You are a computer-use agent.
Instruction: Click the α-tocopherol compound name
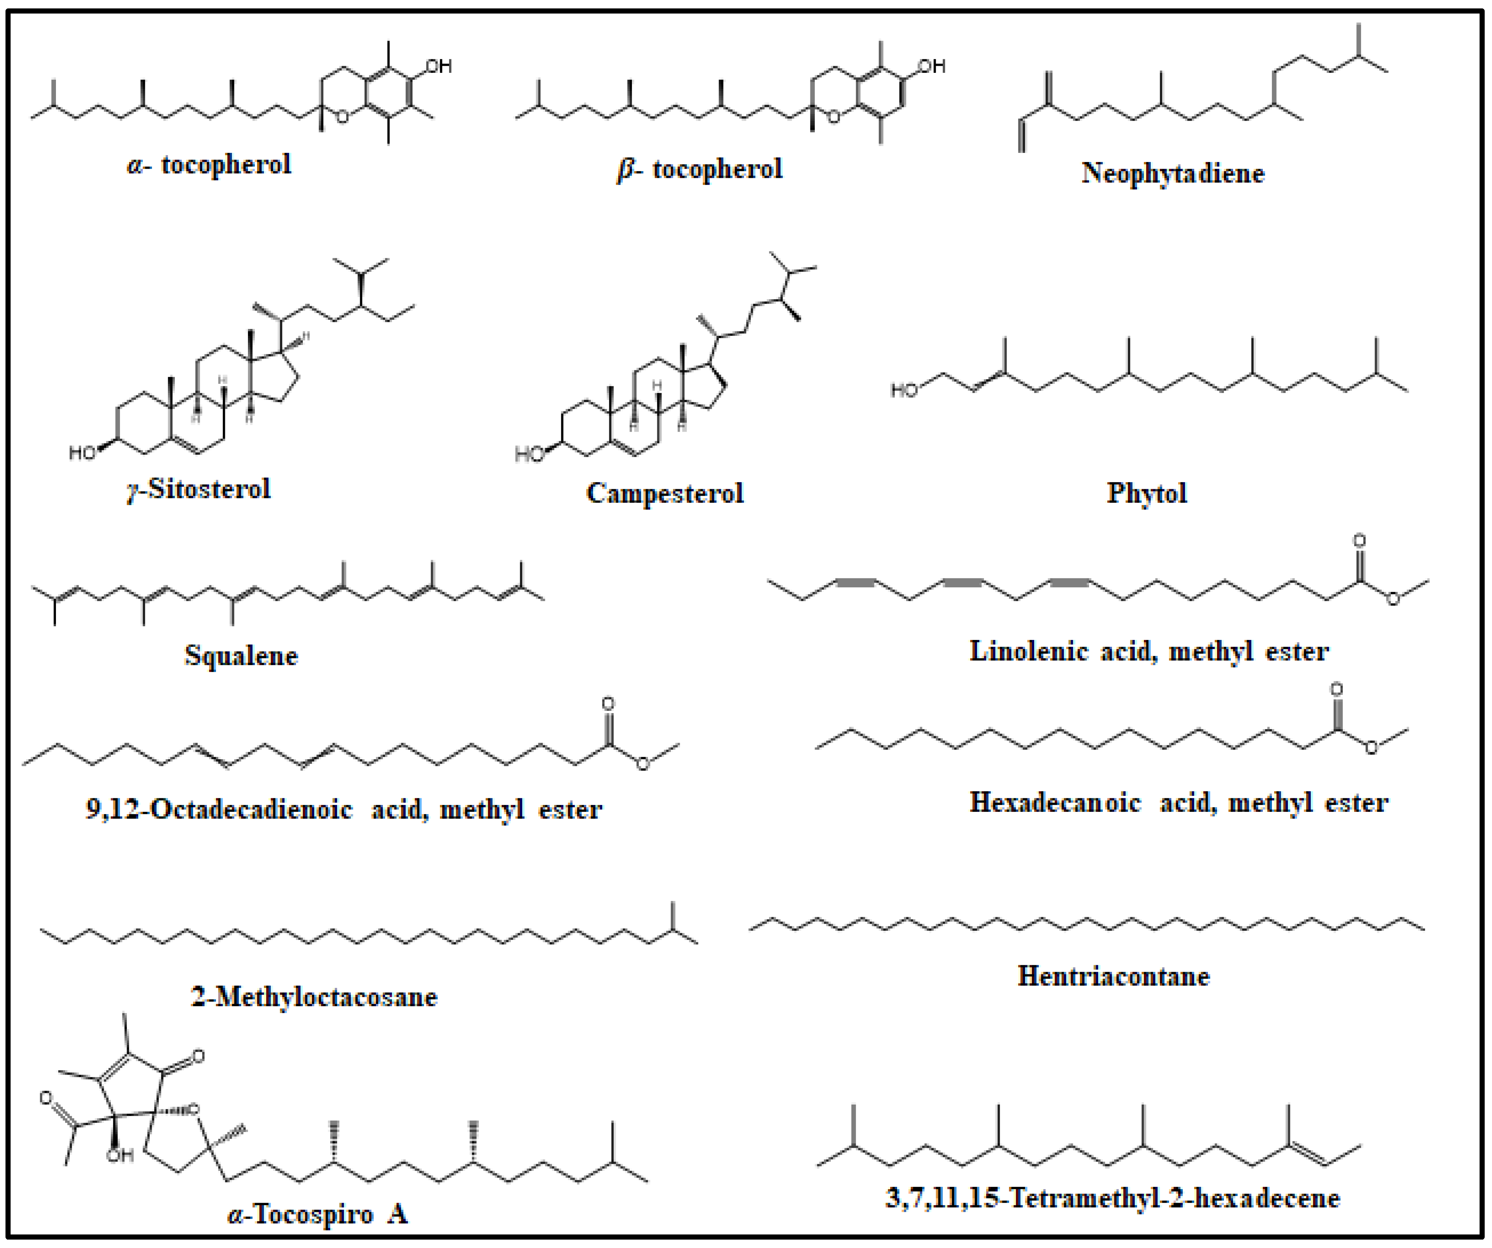pos(209,165)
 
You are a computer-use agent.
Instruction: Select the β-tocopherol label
pos(700,169)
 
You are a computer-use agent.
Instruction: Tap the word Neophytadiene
pos(1173,173)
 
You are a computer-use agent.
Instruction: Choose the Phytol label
pos(1147,493)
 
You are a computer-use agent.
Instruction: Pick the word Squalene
pos(241,655)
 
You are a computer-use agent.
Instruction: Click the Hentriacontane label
pos(1113,977)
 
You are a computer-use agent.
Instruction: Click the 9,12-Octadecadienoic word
pos(219,809)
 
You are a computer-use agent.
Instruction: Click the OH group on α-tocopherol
pos(438,67)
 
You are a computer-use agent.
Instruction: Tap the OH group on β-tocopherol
pos(931,67)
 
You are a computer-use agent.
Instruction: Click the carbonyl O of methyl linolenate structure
pos(1359,541)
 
